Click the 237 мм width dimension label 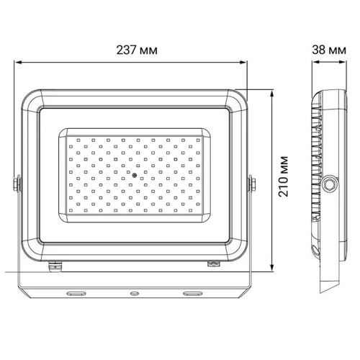135,50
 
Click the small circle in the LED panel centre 134,175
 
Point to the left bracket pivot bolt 17,184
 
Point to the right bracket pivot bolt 251,184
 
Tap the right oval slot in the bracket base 192,294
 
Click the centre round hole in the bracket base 133,294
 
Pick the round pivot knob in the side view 330,184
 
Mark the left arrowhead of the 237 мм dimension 18,62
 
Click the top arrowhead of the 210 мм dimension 271,93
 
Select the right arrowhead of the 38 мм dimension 346,62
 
